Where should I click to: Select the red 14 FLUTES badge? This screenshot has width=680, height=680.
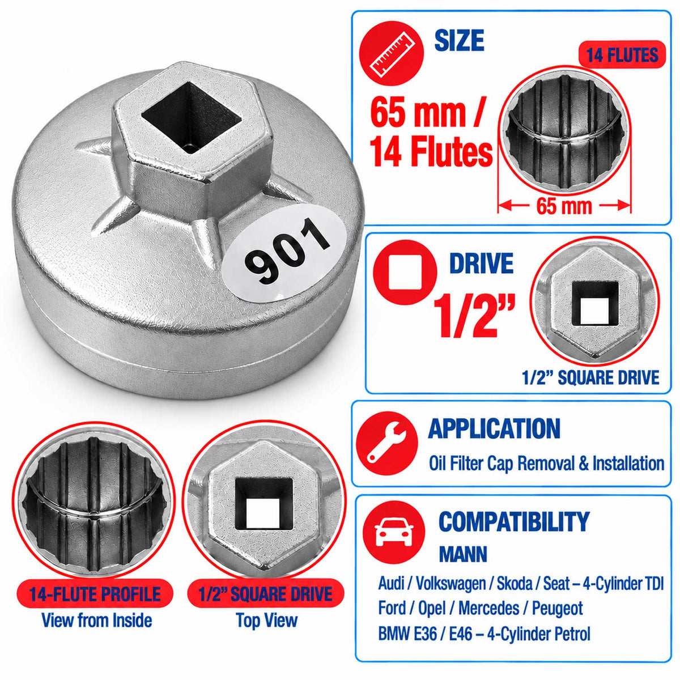(x=622, y=55)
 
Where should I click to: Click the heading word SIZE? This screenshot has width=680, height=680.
(x=460, y=40)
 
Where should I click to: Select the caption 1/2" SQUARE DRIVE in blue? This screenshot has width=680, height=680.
(x=590, y=377)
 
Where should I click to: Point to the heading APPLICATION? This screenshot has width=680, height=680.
(x=494, y=429)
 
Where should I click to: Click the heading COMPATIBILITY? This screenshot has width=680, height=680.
(x=513, y=521)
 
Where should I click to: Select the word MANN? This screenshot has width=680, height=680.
(x=462, y=554)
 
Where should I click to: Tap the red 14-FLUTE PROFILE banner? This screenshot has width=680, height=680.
(x=95, y=594)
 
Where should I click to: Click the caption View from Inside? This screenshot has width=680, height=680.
(x=97, y=620)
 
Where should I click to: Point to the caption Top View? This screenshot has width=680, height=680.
(x=267, y=620)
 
